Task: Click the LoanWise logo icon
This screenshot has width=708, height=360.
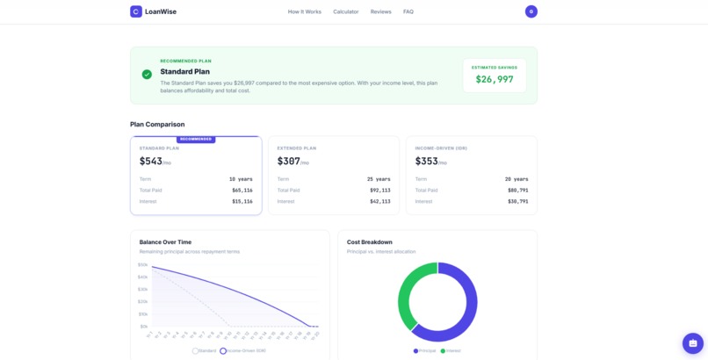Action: (x=136, y=11)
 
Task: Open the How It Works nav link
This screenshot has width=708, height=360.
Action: (x=305, y=11)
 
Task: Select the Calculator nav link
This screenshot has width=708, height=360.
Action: (x=346, y=11)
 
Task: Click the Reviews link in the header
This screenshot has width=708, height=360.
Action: (x=381, y=11)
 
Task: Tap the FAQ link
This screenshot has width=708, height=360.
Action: (x=408, y=11)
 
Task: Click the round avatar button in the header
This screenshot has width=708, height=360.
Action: (x=531, y=11)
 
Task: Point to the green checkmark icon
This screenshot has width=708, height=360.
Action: (x=147, y=75)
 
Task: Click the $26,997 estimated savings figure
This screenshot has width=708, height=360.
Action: (x=495, y=79)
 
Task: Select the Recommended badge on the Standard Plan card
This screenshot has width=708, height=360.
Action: (x=196, y=139)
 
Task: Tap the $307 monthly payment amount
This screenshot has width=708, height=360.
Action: (x=287, y=162)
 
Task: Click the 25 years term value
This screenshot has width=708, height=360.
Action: (x=379, y=179)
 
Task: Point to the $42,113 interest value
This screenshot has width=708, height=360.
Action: (x=379, y=201)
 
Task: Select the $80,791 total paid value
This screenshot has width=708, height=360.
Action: (x=517, y=190)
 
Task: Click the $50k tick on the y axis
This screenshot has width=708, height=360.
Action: (x=142, y=264)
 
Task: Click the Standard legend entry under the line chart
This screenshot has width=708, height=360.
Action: (x=205, y=350)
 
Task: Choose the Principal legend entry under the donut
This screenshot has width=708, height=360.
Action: (x=425, y=350)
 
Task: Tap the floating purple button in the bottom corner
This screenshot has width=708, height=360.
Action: (x=693, y=343)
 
